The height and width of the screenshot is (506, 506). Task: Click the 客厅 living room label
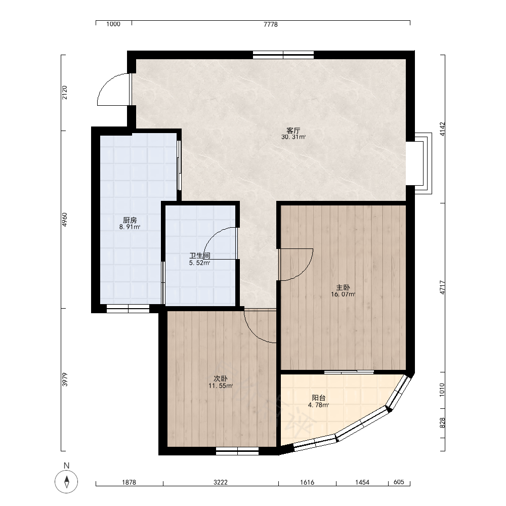[293, 131]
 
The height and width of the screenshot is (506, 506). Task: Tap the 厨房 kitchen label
[130, 221]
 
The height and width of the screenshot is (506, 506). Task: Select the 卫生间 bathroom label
[200, 256]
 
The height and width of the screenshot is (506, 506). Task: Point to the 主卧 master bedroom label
[343, 287]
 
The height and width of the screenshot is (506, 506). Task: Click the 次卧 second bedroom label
[221, 378]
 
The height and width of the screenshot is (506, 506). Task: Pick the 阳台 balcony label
[318, 398]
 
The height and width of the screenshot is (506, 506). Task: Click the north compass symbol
[66, 482]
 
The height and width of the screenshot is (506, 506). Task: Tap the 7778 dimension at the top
[270, 24]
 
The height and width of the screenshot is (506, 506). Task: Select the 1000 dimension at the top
[113, 24]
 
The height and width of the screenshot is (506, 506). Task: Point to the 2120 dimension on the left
[65, 92]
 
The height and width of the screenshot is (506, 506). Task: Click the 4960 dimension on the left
[65, 220]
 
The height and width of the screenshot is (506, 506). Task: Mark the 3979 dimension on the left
[65, 379]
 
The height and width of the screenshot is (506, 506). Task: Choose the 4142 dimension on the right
[442, 129]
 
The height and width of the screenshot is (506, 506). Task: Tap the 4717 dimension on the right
[442, 287]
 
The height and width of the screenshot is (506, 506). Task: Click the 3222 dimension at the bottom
[221, 482]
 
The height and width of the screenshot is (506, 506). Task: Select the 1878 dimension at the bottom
[129, 482]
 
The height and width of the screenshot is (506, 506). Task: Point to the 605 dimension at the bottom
[399, 482]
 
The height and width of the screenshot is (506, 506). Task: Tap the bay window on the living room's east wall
[423, 163]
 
